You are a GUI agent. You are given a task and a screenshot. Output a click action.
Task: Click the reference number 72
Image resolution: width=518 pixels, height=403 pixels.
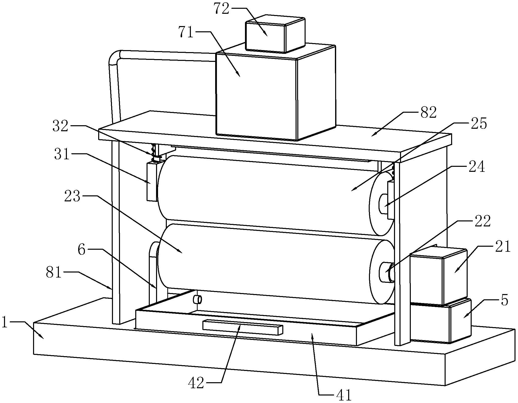pyautogui.click(x=221, y=9)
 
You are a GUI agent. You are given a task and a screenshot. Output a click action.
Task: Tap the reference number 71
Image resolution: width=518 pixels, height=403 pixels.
pyautogui.click(x=186, y=32)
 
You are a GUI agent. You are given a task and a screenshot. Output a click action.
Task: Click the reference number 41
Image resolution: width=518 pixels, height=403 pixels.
pyautogui.click(x=343, y=395)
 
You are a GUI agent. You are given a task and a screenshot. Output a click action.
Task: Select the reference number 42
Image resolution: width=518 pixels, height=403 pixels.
pyautogui.click(x=196, y=383)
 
